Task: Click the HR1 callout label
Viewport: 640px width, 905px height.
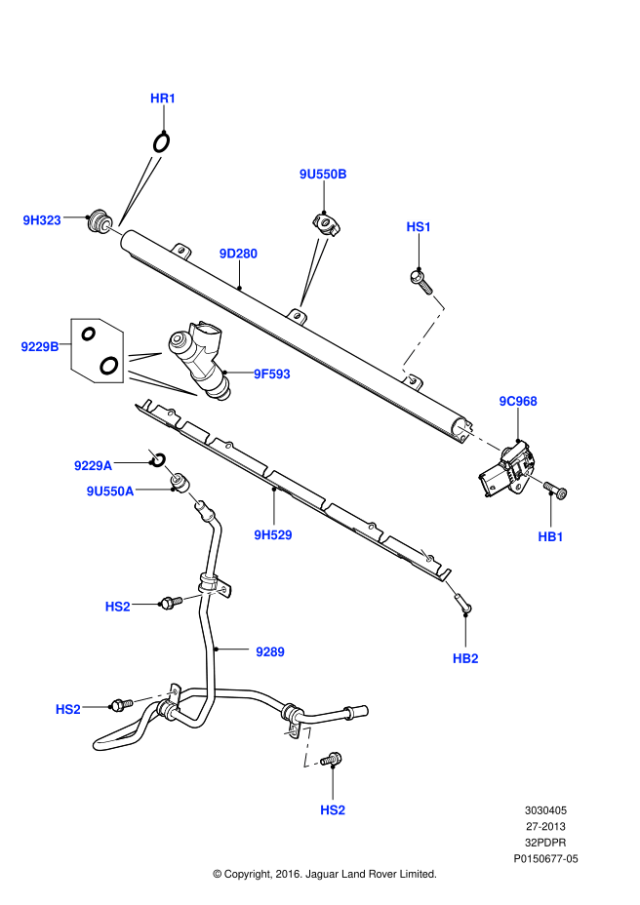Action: (x=163, y=98)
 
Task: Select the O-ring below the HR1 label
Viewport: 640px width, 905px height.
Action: (x=161, y=142)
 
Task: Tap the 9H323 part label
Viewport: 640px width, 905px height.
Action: (x=42, y=220)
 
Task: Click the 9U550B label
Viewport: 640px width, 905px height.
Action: (x=323, y=174)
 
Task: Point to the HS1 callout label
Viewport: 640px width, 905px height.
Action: (x=419, y=227)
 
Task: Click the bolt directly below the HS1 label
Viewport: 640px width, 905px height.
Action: (x=420, y=279)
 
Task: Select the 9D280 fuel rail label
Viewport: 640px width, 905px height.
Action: (x=238, y=254)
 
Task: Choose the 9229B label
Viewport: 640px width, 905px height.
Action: (x=40, y=346)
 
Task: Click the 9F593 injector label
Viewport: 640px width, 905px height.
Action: (x=271, y=374)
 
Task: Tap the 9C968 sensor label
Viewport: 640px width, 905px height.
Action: (x=518, y=401)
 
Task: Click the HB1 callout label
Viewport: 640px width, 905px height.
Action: (x=551, y=536)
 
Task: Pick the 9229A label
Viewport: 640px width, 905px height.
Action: (x=94, y=466)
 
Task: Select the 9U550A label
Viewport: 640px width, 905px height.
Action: (x=110, y=492)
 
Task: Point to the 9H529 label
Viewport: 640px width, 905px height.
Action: (x=273, y=534)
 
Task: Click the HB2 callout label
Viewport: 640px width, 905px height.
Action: (x=465, y=658)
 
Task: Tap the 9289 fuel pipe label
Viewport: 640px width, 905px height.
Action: (x=269, y=651)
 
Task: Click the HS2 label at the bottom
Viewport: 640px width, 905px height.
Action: (x=333, y=809)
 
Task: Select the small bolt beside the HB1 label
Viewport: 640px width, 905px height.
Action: (x=555, y=490)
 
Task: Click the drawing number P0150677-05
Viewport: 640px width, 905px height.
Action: (x=546, y=859)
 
